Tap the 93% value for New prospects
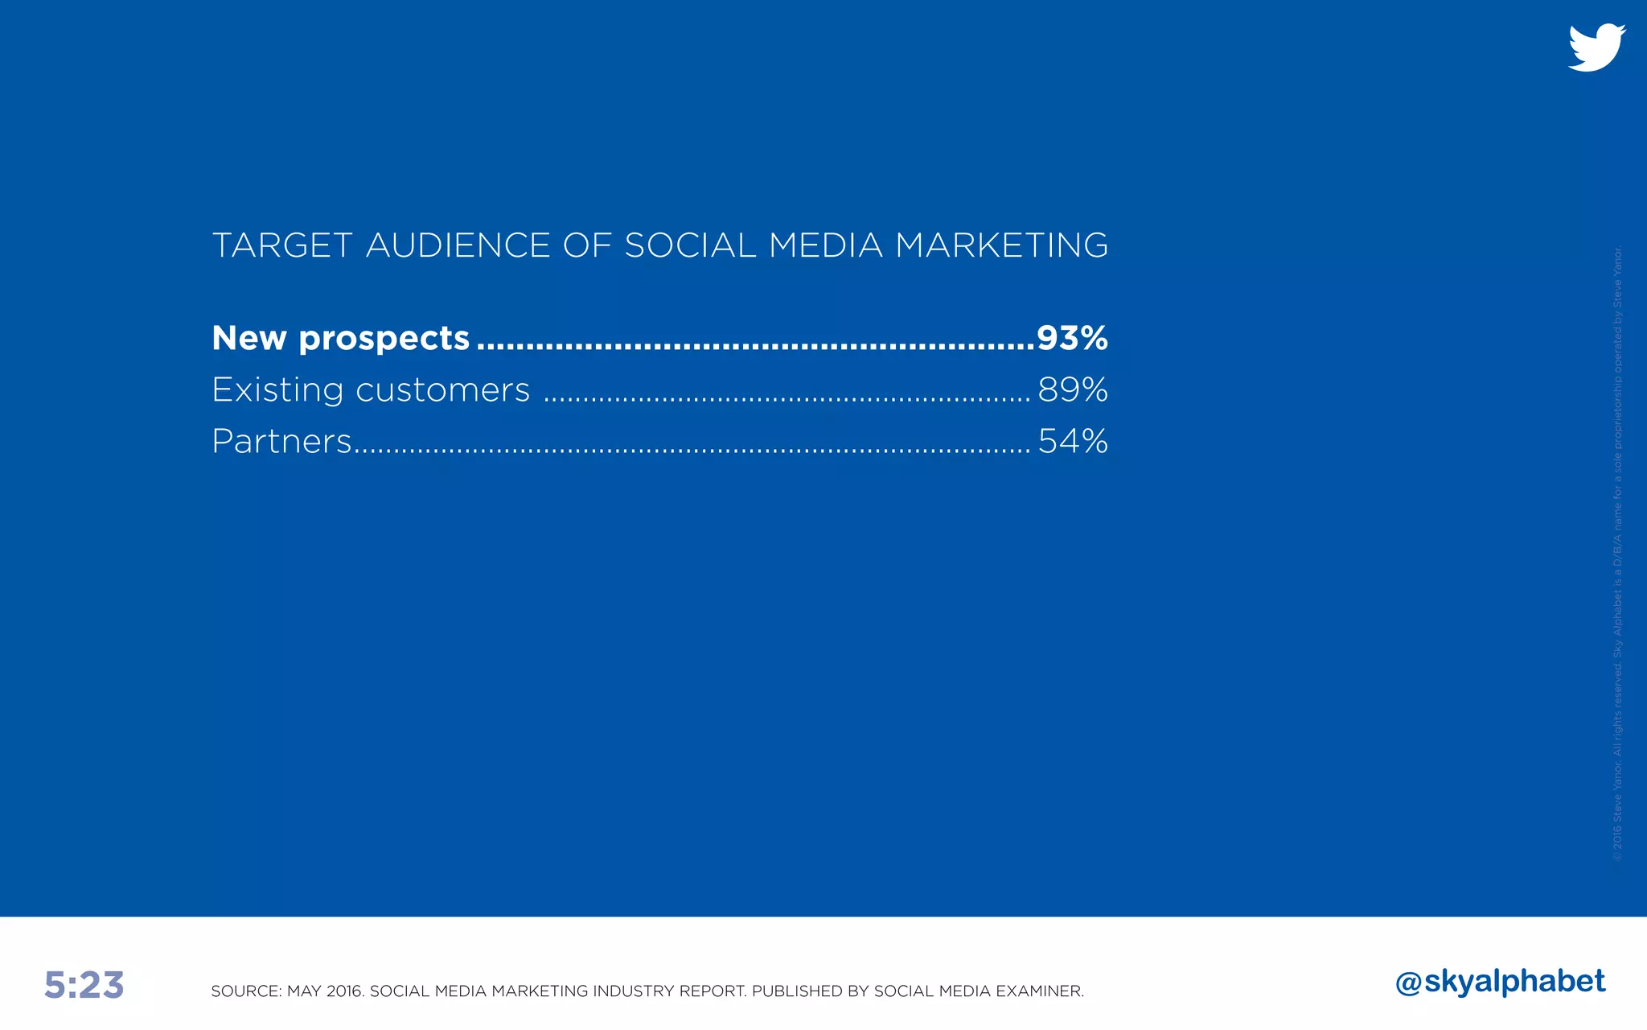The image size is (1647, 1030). pos(1072,338)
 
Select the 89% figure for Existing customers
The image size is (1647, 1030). pos(1073,389)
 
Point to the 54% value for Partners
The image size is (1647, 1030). pos(1073,441)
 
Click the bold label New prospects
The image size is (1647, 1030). pos(340,338)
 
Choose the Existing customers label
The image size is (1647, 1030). pos(371,389)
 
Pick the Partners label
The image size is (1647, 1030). pos(281,441)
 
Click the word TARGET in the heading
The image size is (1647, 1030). pos(281,245)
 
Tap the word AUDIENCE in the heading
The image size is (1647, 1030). pos(458,245)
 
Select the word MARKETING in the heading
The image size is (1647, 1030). pos(1001,245)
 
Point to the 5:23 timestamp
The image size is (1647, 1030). pos(84,985)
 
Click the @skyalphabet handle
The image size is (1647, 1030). pos(1500,982)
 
